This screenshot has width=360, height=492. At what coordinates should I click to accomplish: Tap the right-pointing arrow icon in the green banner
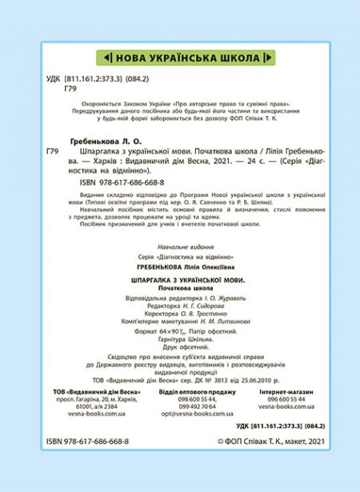click(x=270, y=58)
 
